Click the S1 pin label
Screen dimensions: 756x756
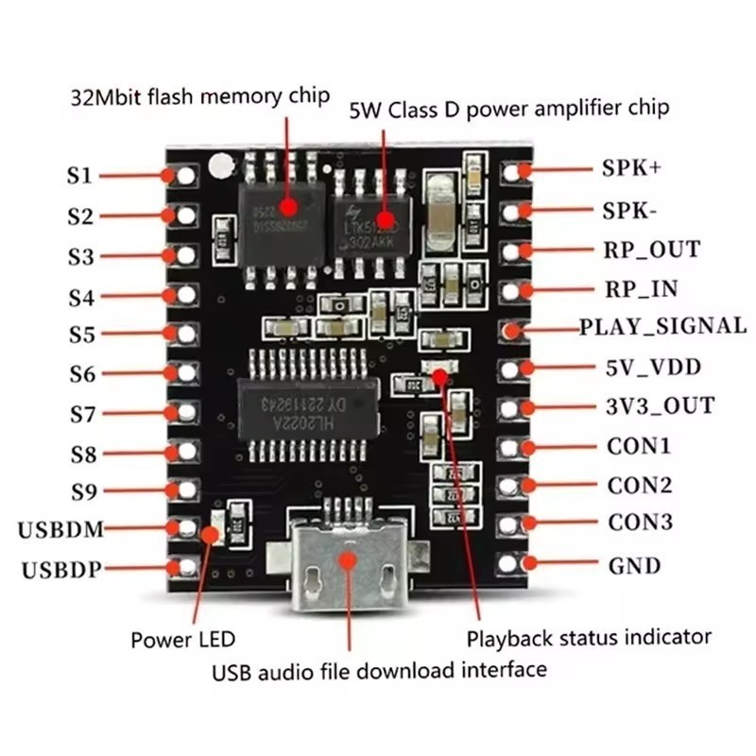coord(79,176)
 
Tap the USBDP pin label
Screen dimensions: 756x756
coord(59,568)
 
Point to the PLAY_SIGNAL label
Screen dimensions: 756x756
coord(662,326)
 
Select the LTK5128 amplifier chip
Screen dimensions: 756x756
coord(372,216)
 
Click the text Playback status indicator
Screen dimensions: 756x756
coord(589,637)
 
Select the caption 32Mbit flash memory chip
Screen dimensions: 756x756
coord(200,95)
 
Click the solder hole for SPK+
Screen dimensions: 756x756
coord(511,171)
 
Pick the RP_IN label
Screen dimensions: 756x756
coord(640,288)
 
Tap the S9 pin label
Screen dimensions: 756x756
coord(83,491)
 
